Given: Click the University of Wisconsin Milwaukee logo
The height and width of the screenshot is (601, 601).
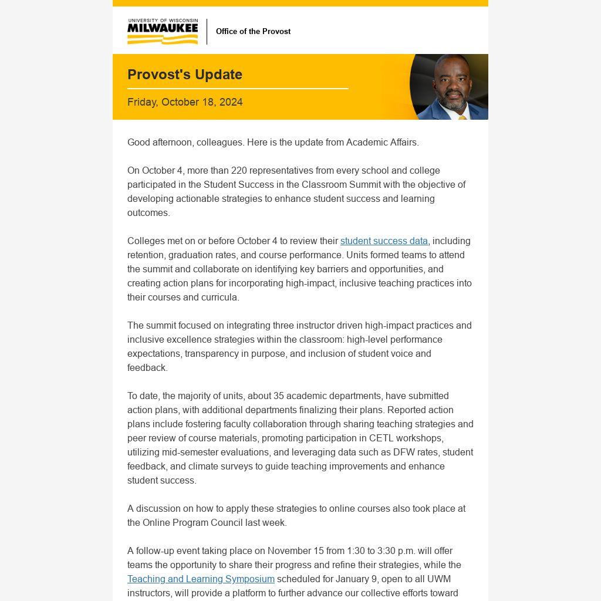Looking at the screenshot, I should (x=163, y=32).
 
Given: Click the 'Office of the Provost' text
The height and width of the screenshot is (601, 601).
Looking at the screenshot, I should (x=253, y=32).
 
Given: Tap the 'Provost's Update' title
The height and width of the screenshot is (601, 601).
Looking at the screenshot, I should (x=185, y=75).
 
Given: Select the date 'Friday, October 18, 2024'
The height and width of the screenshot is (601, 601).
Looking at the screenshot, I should (x=185, y=102).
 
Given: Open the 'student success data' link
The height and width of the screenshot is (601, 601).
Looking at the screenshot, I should (x=384, y=241).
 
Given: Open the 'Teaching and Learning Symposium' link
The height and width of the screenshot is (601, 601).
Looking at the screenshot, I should (x=201, y=579).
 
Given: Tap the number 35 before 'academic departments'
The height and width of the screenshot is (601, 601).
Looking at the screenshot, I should (x=279, y=396).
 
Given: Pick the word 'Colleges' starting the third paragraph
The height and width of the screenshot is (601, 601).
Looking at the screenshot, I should (x=146, y=241).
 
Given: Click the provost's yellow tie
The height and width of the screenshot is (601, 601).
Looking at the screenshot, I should (x=462, y=117).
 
